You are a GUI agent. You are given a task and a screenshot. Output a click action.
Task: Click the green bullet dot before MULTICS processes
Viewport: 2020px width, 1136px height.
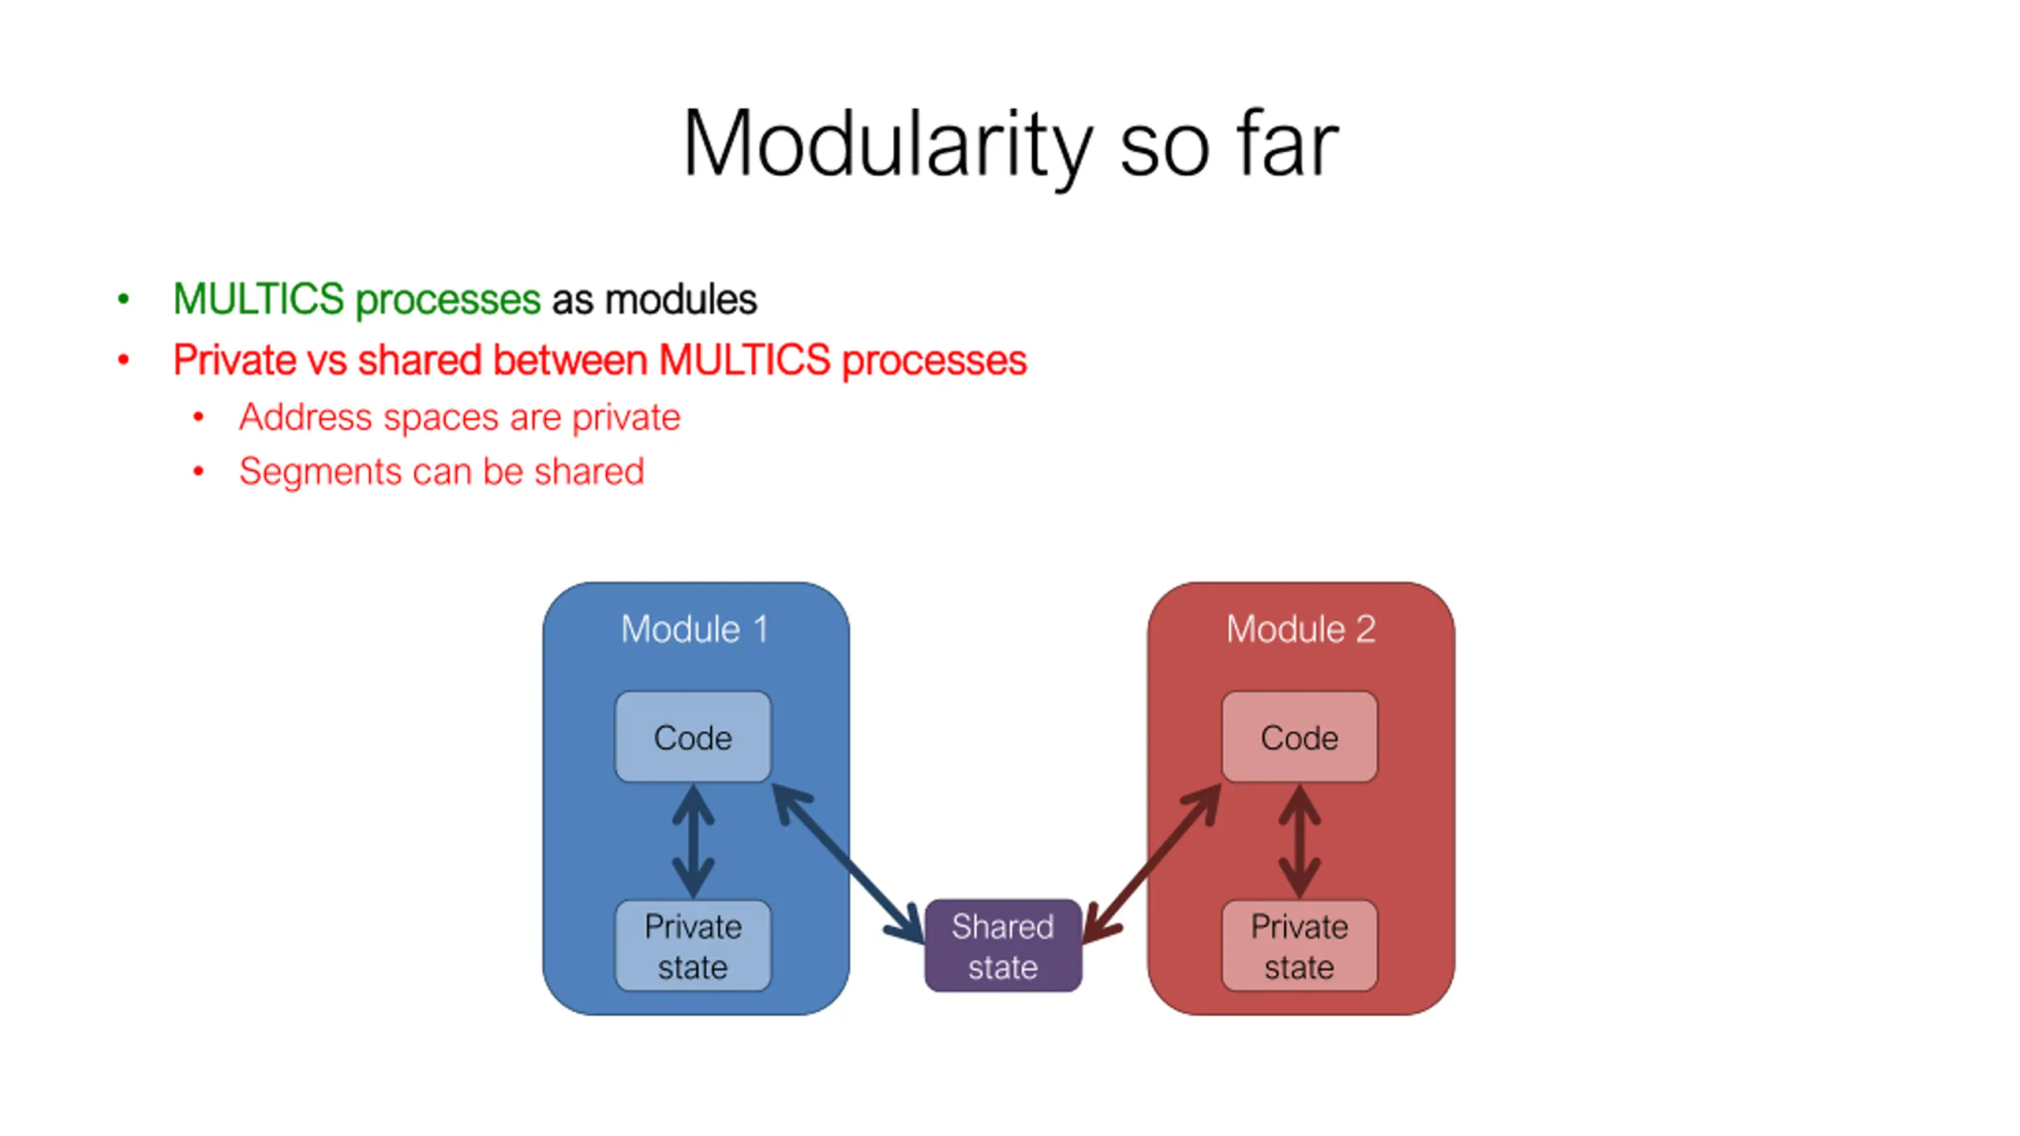[x=123, y=299]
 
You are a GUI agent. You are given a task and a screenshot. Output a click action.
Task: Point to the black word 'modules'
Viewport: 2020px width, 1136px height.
[x=681, y=300]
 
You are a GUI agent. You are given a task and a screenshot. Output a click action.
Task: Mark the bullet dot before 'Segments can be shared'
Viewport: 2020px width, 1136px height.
[x=199, y=472]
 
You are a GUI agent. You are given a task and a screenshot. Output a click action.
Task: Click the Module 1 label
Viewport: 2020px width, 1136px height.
[x=694, y=630]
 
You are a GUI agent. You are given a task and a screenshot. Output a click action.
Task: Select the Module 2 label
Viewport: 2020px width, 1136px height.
[x=1300, y=630]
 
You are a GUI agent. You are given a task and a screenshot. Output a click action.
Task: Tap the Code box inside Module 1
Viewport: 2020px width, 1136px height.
[x=693, y=738]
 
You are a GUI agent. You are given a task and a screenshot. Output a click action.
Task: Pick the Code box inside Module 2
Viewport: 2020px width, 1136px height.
[x=1300, y=738]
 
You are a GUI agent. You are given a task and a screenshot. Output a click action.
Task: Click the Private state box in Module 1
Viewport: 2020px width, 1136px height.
[x=693, y=946]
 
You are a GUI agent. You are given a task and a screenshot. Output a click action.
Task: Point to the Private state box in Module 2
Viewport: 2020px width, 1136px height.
[x=1300, y=946]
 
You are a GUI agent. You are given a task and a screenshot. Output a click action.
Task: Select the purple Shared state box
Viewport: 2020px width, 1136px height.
[x=1003, y=946]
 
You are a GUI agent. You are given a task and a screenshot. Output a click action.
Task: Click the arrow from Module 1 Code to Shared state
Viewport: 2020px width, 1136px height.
[x=848, y=864]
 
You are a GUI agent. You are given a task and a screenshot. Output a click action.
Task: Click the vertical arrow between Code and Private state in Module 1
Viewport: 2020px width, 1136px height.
[x=693, y=841]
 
